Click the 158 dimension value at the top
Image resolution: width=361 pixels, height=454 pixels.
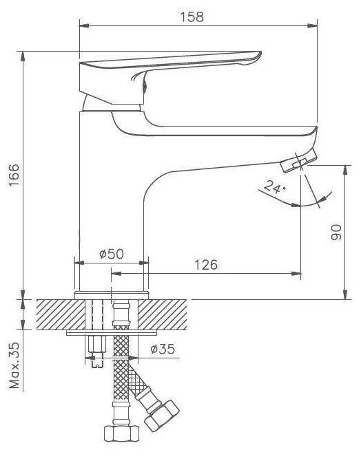pyautogui.click(x=194, y=16)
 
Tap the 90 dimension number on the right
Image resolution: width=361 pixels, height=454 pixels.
pyautogui.click(x=337, y=233)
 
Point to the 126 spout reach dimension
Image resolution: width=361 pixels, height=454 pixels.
pyautogui.click(x=205, y=263)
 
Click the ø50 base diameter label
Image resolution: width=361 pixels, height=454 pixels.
pyautogui.click(x=111, y=253)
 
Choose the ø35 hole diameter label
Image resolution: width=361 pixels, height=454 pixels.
pyautogui.click(x=163, y=349)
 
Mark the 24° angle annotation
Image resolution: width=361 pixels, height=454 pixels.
pyautogui.click(x=272, y=188)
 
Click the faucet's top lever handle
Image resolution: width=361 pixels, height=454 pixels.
pyautogui.click(x=172, y=64)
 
